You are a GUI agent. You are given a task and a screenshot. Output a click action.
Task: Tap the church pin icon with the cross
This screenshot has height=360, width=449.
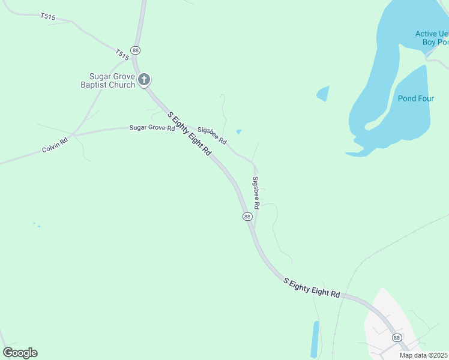point(144,79)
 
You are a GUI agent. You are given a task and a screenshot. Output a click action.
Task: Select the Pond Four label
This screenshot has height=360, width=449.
point(415,98)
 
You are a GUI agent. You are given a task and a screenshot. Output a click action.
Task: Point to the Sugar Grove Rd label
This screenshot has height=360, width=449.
point(152,128)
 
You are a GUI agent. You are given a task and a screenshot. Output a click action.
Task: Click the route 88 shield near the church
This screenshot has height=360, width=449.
point(136,51)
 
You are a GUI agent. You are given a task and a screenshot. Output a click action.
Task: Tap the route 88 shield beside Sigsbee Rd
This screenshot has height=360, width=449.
point(247,216)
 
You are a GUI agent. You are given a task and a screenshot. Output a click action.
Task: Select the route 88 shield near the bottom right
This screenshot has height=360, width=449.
point(397,338)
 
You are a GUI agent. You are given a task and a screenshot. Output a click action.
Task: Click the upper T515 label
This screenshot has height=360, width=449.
point(48,17)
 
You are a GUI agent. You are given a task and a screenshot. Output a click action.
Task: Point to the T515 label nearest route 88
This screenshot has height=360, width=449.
point(122,55)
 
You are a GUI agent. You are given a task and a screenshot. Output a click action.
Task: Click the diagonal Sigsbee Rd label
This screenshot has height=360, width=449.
point(212,136)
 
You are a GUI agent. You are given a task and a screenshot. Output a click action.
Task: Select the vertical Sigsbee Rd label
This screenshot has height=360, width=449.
point(256,193)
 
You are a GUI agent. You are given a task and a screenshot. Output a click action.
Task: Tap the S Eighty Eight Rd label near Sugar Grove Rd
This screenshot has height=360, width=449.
point(190,134)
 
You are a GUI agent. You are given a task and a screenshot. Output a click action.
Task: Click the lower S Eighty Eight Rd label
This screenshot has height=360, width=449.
point(312,287)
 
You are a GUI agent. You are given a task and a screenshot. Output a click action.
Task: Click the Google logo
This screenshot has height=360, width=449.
point(20,353)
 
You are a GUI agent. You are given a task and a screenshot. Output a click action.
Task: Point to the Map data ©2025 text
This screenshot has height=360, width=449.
point(424,355)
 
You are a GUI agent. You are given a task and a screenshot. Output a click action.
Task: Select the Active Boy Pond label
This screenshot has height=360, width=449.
point(432,38)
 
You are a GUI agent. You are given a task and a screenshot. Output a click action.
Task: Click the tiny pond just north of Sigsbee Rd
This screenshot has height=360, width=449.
point(239,131)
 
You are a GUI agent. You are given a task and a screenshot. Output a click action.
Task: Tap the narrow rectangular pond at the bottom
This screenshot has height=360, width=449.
point(315,339)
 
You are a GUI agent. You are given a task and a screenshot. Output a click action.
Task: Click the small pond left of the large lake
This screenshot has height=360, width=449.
point(323,94)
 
